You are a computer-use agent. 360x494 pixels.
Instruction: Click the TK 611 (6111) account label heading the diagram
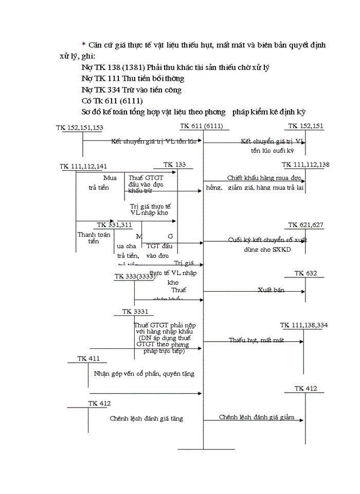[x=202, y=126]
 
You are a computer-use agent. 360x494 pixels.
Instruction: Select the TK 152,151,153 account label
[x=80, y=127]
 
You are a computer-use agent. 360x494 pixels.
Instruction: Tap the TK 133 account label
[x=174, y=165]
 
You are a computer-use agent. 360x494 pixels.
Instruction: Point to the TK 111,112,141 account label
[x=83, y=166]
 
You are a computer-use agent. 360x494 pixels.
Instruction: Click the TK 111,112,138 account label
[x=306, y=165]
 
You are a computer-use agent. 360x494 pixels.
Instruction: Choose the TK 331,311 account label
[x=114, y=225]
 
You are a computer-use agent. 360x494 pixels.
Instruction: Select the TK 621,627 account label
[x=306, y=225]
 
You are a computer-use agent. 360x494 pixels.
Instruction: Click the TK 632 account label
[x=306, y=273]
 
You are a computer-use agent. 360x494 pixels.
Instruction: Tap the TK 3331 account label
[x=134, y=312]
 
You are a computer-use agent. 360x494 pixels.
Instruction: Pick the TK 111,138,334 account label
[x=304, y=325]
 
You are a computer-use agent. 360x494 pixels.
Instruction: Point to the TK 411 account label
[x=88, y=358]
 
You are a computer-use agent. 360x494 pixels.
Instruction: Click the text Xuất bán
[x=271, y=290]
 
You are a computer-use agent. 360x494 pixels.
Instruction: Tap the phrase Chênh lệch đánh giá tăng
[x=146, y=419]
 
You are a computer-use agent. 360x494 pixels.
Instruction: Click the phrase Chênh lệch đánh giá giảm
[x=257, y=417]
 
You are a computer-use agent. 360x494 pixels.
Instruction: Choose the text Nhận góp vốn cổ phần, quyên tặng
[x=144, y=374]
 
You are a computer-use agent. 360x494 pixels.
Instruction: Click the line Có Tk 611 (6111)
[x=112, y=100]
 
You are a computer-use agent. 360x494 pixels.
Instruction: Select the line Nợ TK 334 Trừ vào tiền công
[x=131, y=90]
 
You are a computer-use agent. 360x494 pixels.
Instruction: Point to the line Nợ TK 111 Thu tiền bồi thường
[x=133, y=79]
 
